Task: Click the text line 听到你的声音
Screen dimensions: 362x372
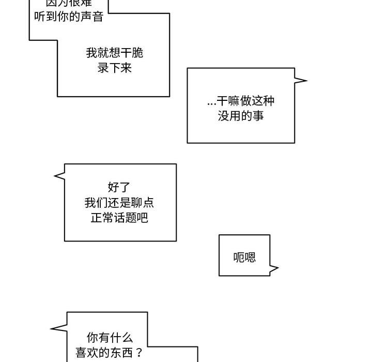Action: (x=69, y=17)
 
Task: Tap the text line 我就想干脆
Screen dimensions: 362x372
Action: (x=115, y=53)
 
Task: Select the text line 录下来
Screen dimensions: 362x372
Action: (x=115, y=68)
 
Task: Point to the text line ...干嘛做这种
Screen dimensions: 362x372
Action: (x=241, y=101)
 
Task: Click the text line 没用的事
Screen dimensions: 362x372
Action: (x=241, y=116)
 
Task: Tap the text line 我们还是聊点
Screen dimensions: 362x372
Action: (x=119, y=202)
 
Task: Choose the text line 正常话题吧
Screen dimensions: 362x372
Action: (x=119, y=218)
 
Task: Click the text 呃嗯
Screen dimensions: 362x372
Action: (x=244, y=257)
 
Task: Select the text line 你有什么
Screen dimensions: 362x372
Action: (x=110, y=338)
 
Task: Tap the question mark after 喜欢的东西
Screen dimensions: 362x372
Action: (x=138, y=354)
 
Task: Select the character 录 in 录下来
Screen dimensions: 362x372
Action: (x=103, y=68)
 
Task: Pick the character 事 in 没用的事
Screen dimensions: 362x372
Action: (x=258, y=116)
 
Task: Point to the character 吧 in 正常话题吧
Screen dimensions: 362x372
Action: (x=143, y=218)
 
